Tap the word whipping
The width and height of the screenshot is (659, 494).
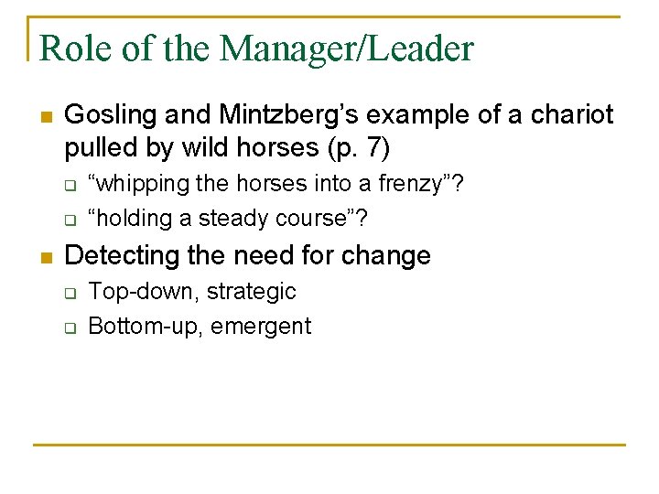point(142,184)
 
